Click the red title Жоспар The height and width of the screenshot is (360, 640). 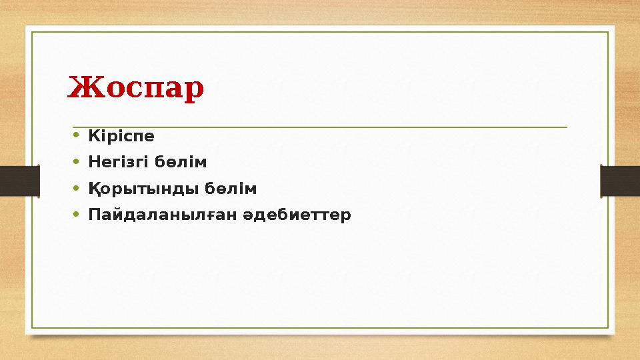[x=135, y=89]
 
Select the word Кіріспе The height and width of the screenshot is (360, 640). [x=121, y=136]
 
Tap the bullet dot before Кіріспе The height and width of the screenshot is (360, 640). [x=77, y=137]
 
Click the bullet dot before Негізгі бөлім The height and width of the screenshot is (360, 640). [x=77, y=163]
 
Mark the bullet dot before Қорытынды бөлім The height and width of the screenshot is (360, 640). [x=77, y=189]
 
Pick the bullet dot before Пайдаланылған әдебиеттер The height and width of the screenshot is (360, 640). [x=77, y=215]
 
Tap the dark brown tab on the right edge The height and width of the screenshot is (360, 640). [x=621, y=180]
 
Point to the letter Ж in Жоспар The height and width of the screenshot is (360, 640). [x=80, y=88]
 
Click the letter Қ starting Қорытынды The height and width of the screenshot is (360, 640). [x=94, y=189]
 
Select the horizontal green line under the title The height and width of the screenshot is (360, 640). [x=320, y=127]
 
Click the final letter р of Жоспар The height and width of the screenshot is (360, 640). [x=195, y=91]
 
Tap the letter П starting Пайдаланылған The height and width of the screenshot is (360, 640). [x=94, y=215]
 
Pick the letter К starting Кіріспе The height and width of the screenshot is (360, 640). [x=93, y=136]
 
